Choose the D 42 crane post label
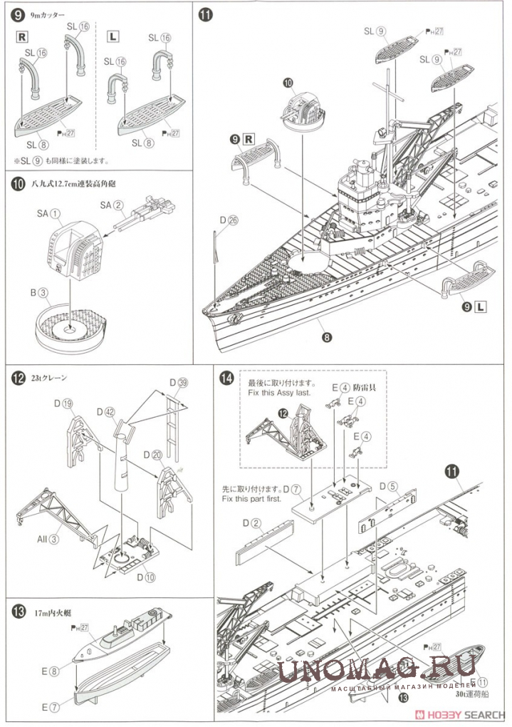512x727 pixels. [x=105, y=412]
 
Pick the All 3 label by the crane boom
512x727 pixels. [x=48, y=539]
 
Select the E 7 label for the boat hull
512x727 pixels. [x=51, y=706]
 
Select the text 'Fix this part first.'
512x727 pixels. [x=256, y=500]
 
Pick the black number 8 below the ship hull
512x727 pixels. [x=326, y=338]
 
